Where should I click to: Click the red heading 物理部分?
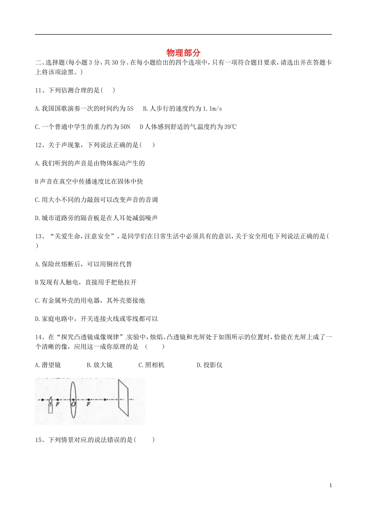183,53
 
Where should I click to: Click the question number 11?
38,90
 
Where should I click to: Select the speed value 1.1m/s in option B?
212,109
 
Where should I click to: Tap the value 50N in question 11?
125,127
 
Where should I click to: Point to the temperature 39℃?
230,127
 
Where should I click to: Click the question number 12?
38,145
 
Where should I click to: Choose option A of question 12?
90,163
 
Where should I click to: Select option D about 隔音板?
96,218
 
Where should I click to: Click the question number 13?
38,236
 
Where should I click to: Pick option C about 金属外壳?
90,300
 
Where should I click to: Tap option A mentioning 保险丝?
83,264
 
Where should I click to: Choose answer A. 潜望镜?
48,365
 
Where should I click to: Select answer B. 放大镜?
100,365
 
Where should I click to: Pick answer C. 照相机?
151,365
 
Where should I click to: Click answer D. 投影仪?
210,365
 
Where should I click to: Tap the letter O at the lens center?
73,404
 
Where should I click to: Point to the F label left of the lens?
58,404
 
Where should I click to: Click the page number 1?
331,485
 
